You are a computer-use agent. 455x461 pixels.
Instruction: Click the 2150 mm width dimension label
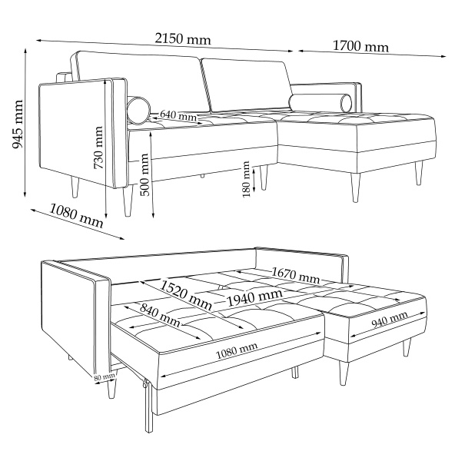click(x=183, y=39)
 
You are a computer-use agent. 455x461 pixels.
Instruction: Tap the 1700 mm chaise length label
click(x=360, y=46)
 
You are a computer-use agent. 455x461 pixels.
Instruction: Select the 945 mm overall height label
click(x=18, y=124)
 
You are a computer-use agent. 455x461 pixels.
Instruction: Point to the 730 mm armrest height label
click(x=98, y=148)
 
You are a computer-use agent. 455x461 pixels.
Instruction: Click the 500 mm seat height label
click(x=144, y=174)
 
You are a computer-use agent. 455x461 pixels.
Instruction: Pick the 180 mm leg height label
click(x=246, y=179)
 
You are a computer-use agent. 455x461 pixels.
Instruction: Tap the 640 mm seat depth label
click(x=178, y=115)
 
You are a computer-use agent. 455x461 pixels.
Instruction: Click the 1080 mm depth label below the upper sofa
click(x=76, y=216)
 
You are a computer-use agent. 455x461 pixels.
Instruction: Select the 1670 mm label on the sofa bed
click(x=295, y=275)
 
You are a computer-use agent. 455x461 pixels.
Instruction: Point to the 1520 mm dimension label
click(x=186, y=296)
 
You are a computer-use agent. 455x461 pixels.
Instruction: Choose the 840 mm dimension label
click(x=160, y=315)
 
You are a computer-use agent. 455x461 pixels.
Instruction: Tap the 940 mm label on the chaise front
click(x=390, y=320)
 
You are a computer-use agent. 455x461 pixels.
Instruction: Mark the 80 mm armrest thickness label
click(x=105, y=377)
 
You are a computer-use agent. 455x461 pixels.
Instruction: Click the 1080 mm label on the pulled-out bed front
click(x=237, y=350)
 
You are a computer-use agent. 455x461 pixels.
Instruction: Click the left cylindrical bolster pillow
click(x=138, y=109)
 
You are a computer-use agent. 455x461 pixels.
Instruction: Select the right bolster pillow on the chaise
click(x=320, y=103)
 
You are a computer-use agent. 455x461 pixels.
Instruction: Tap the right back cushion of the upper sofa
click(x=247, y=85)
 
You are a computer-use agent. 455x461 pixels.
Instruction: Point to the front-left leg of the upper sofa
click(x=128, y=201)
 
